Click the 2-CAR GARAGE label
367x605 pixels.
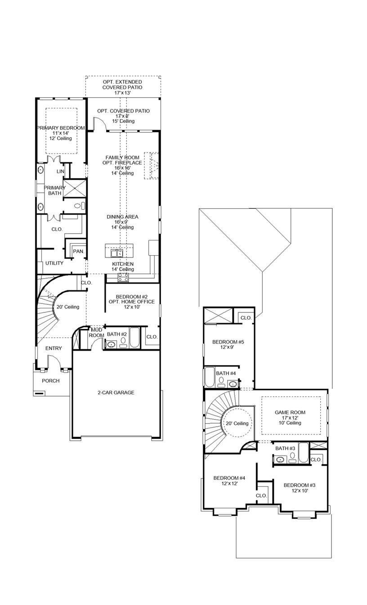116,393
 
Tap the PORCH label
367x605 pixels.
50,381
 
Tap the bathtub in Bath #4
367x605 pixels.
209,377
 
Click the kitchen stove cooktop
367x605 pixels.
123,277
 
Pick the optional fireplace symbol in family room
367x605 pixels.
152,166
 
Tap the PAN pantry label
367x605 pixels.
78,251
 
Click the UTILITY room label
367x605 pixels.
54,263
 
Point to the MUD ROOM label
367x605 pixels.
97,332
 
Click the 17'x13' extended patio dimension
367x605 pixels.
122,92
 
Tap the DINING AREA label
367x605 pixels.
122,217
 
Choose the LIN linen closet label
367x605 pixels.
61,172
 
